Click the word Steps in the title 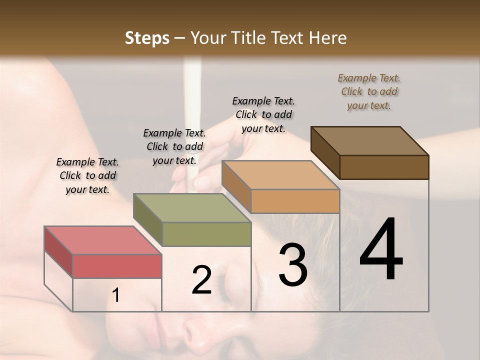coord(147,38)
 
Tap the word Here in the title coord(327,38)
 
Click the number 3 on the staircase coord(292,265)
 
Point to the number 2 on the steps coord(201,280)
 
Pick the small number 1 coord(116,295)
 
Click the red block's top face coord(102,240)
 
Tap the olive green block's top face coord(192,208)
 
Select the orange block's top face coord(280,175)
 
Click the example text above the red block coord(87,175)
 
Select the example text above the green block coord(174,146)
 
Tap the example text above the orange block coord(263,114)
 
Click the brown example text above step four coord(369,91)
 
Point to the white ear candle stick coord(191,110)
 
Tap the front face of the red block coord(117,266)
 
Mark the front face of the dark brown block coord(384,167)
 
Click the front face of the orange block coord(295,201)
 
